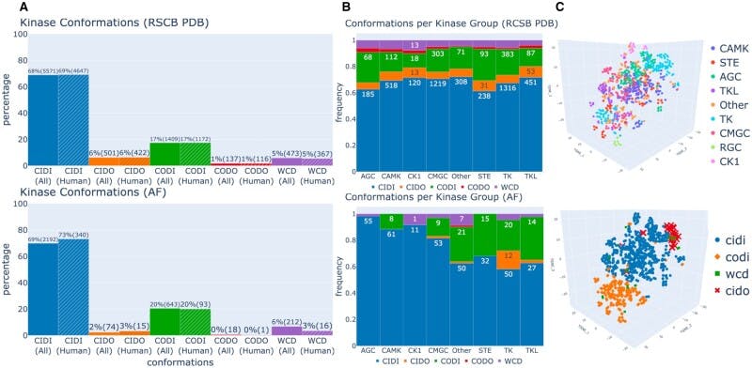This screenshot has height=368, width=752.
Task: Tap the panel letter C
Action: [560, 8]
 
